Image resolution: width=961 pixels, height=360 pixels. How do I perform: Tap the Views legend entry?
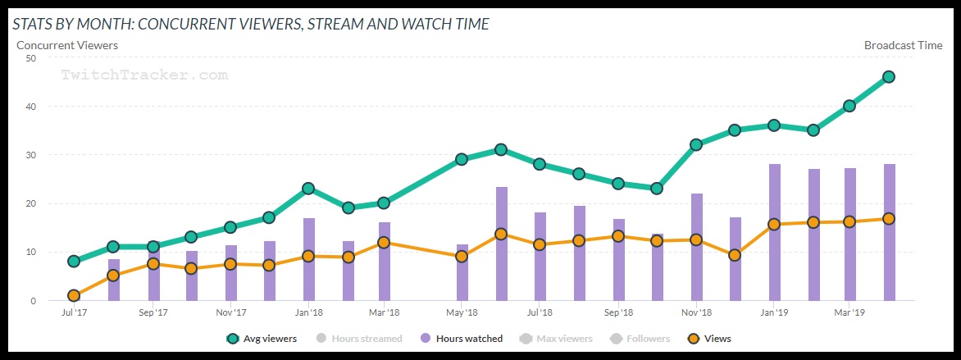(709, 338)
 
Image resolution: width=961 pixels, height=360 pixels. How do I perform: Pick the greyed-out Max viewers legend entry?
(558, 338)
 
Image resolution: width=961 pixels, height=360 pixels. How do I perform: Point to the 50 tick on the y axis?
(30, 58)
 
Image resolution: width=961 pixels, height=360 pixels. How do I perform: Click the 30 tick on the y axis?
(30, 155)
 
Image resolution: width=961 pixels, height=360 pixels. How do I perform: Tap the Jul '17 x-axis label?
(74, 312)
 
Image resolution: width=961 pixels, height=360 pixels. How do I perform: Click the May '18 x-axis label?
(462, 312)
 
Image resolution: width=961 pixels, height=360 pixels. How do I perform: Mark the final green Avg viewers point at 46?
(888, 77)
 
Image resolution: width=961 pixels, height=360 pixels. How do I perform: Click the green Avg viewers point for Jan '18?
(307, 189)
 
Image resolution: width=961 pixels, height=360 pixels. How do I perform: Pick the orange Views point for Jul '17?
(74, 295)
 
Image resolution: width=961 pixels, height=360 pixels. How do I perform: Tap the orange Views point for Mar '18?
(384, 243)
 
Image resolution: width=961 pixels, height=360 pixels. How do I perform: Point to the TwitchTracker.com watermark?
(145, 75)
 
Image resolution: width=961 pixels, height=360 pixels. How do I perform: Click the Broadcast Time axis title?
(903, 45)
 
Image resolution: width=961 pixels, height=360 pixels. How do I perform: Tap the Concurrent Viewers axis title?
(67, 45)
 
